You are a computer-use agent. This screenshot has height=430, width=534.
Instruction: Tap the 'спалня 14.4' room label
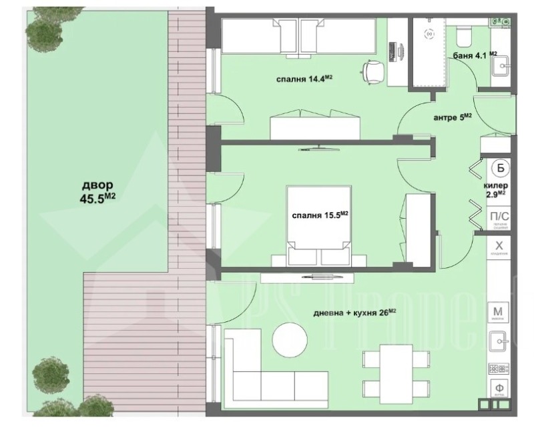(x=304, y=79)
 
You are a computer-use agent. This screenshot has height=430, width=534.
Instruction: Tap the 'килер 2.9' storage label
(x=496, y=190)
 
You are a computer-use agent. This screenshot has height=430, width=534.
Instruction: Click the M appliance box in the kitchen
(x=498, y=312)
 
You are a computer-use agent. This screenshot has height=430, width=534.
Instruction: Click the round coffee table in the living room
(x=291, y=339)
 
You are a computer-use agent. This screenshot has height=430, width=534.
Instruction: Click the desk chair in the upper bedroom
(x=373, y=70)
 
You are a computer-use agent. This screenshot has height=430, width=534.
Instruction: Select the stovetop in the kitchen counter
(x=498, y=369)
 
